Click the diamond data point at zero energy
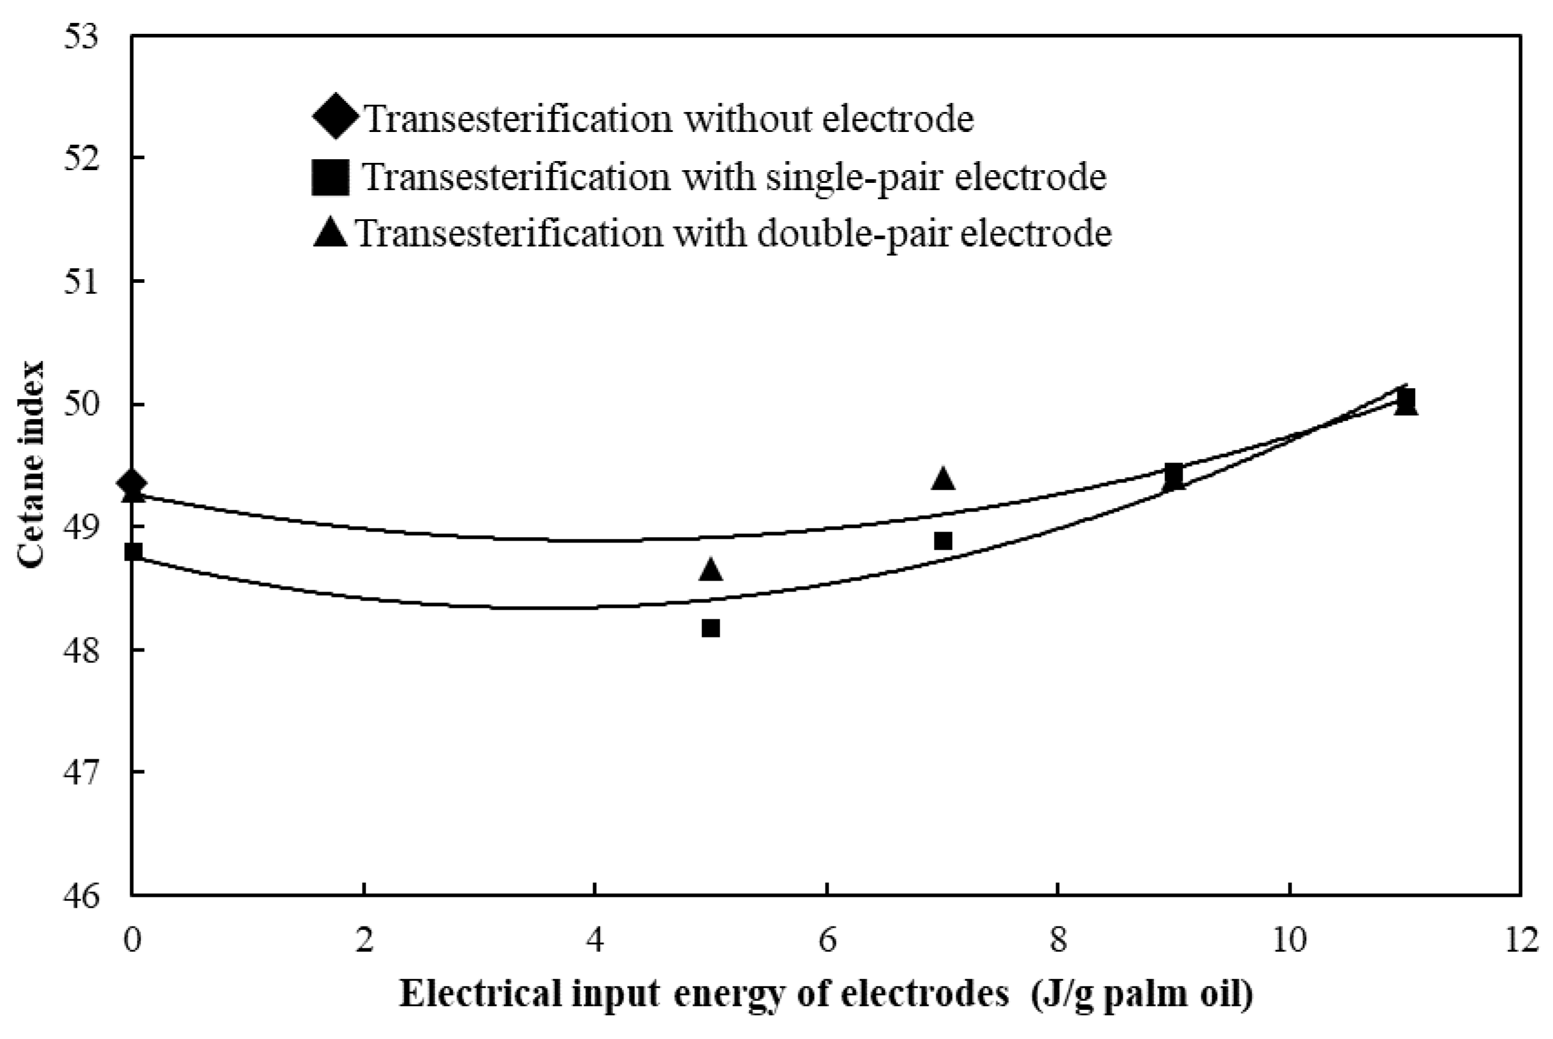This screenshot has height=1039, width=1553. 132,482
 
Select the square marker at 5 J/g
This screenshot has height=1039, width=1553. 711,627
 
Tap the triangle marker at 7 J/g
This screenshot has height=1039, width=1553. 943,478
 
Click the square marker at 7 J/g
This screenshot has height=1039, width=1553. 943,541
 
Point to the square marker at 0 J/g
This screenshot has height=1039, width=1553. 133,552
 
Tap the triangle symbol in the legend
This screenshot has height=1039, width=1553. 330,233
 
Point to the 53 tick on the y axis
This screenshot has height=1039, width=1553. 80,36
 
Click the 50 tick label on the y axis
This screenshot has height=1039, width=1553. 80,404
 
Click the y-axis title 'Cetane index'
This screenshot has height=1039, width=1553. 31,464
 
